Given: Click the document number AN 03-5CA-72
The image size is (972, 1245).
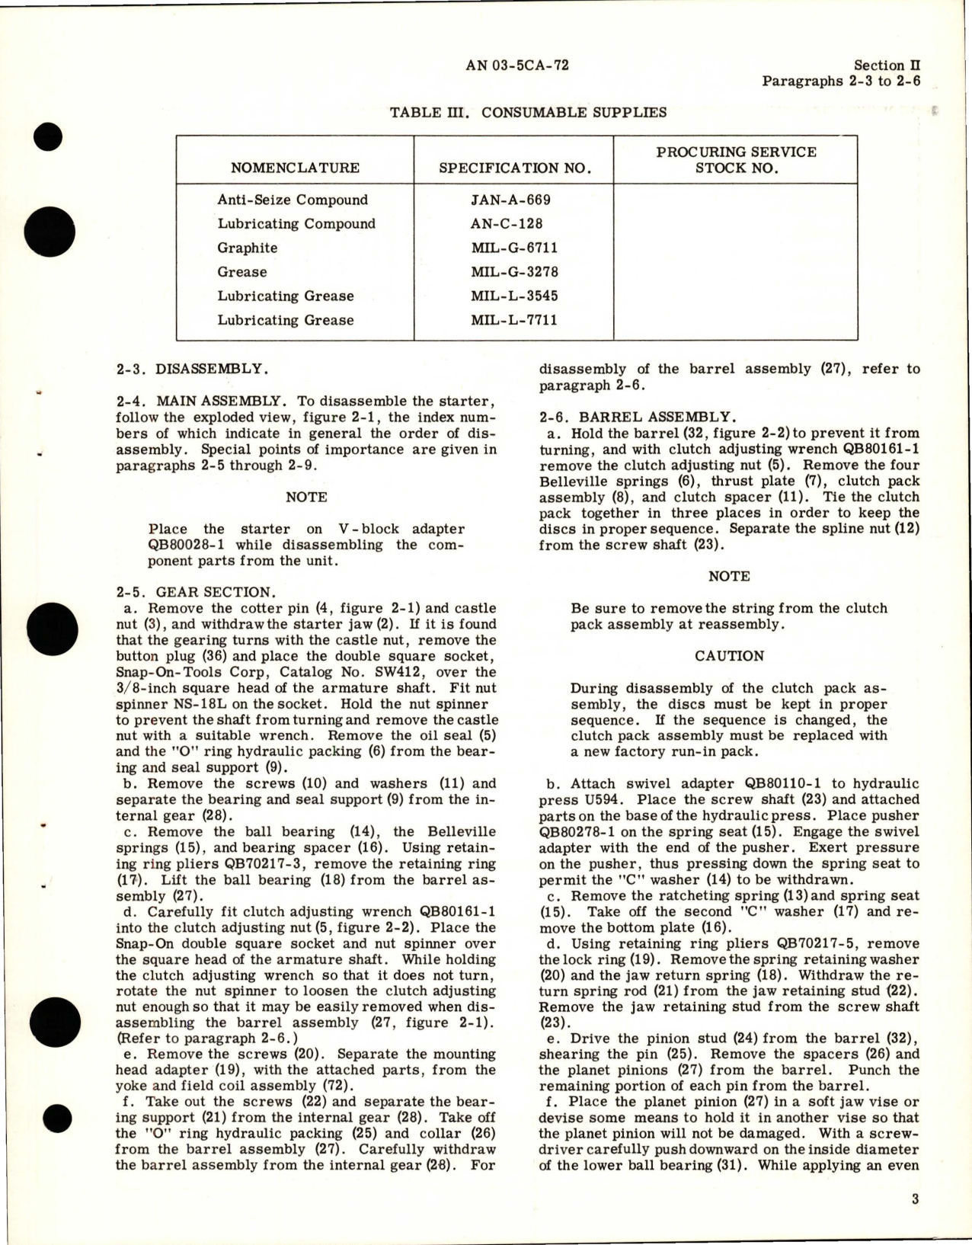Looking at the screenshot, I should point(517,66).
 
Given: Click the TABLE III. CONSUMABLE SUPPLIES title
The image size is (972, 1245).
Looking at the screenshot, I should point(528,113).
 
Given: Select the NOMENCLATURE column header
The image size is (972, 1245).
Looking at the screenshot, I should point(295,168).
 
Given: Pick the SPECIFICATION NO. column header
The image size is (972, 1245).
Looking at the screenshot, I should point(515,168).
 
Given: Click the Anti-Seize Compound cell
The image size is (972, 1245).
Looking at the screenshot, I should point(293,200).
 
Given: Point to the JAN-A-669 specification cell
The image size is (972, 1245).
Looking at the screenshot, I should point(510,200).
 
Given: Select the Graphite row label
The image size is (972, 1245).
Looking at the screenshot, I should point(248,248).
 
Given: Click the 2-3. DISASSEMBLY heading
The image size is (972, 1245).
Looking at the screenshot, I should point(192,370).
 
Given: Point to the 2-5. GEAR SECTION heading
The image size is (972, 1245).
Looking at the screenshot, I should point(194,592).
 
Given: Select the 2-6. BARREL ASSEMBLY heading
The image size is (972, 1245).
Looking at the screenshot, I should point(637,417).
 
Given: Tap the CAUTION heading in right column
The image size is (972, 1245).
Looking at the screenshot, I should point(729,656).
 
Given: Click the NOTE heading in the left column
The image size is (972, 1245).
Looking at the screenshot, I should point(306,497).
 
